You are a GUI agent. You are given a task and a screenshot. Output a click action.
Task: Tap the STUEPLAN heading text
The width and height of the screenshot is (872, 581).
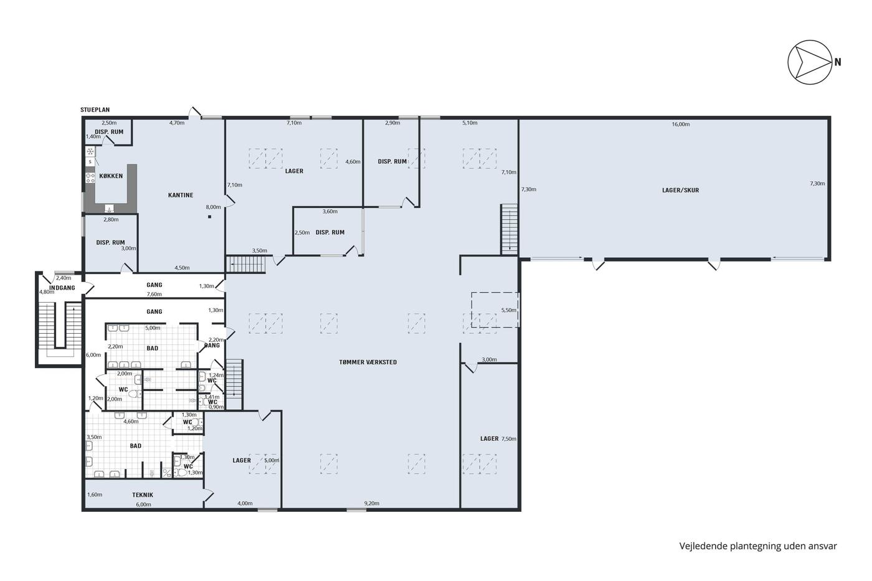[95, 110]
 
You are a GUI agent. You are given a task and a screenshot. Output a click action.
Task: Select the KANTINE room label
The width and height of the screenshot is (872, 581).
[181, 195]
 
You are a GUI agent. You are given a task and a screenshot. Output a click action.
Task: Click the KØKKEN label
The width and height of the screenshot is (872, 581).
[111, 176]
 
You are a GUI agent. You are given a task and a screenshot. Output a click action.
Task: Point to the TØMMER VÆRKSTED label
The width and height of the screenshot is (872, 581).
[368, 362]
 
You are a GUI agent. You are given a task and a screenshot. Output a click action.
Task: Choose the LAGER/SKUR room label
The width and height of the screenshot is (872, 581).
[680, 191]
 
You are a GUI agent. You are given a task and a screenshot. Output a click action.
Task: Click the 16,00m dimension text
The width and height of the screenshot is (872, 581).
[680, 124]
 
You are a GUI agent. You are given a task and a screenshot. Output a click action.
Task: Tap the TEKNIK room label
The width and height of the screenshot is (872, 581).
[143, 495]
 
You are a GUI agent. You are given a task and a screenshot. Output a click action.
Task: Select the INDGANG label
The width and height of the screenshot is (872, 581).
[62, 288]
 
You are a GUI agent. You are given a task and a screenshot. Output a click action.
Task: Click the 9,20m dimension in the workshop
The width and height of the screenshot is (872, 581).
[372, 503]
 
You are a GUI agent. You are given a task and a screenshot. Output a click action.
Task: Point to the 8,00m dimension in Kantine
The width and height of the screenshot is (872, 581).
[213, 207]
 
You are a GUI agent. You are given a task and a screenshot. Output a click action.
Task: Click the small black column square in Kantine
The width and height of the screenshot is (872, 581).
[209, 217]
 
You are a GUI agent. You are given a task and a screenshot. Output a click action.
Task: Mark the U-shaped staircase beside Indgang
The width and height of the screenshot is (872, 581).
[59, 330]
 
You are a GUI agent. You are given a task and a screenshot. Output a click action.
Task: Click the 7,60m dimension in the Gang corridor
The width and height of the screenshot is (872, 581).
[154, 294]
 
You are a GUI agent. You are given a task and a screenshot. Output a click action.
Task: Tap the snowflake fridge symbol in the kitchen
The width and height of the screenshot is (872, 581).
[90, 151]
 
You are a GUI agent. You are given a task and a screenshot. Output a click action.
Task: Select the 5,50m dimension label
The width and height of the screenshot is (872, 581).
[509, 310]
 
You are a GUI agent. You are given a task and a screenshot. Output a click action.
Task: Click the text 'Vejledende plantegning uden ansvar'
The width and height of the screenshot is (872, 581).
[758, 546]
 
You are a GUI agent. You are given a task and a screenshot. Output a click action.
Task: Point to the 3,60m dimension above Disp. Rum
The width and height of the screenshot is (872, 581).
[330, 212]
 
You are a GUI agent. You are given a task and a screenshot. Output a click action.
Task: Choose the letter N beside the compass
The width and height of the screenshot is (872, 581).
[838, 62]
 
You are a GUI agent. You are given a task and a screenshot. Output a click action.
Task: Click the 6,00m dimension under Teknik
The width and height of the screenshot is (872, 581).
[143, 504]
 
